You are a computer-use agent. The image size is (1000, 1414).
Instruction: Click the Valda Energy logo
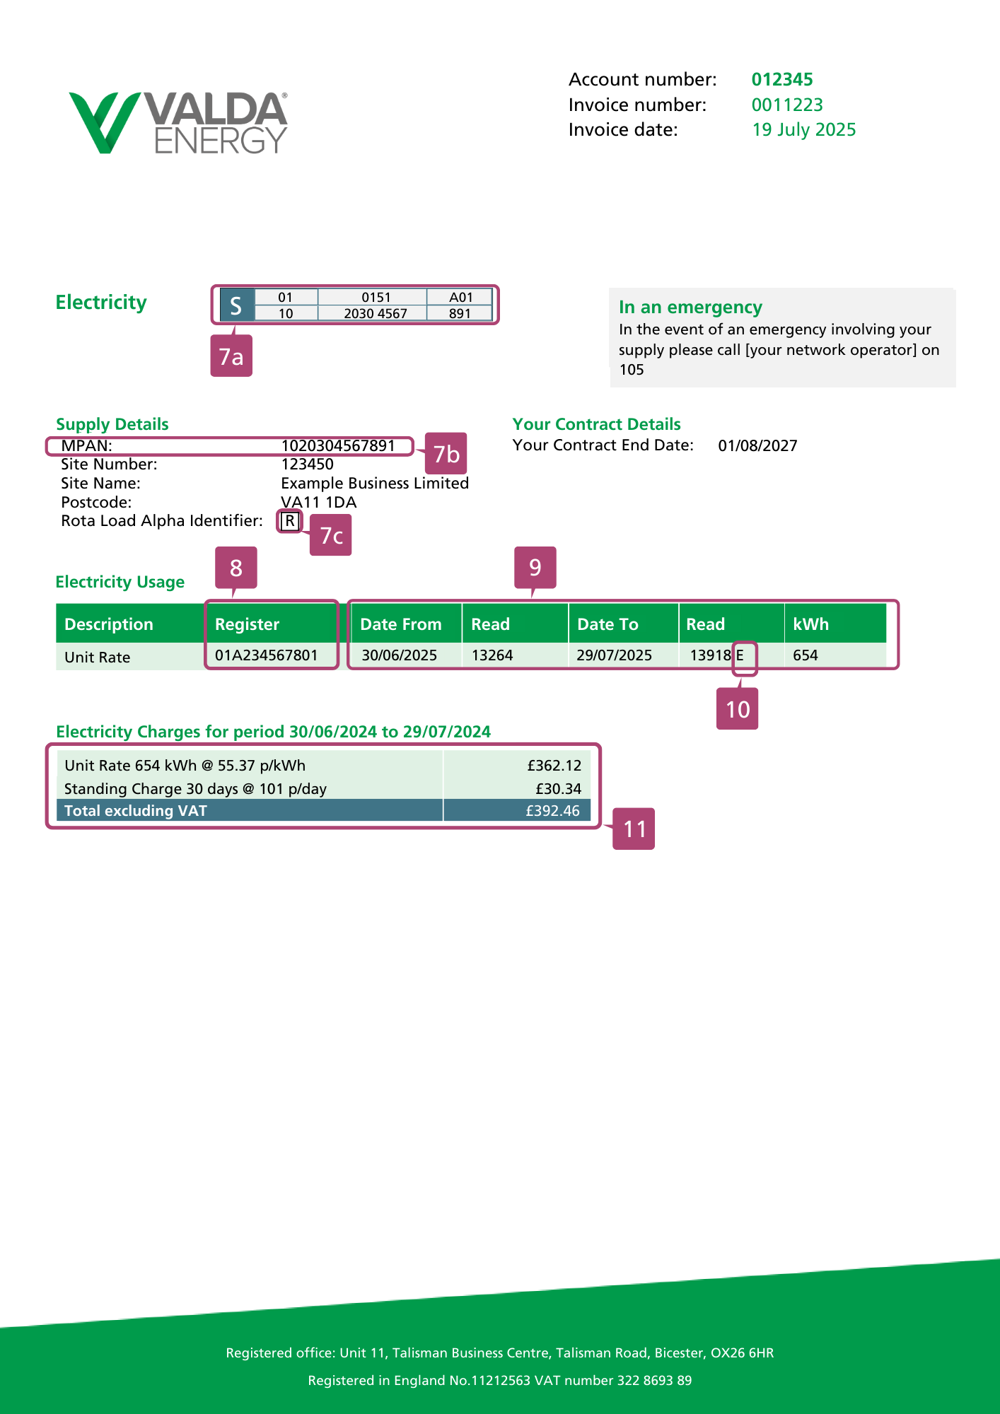coord(178,122)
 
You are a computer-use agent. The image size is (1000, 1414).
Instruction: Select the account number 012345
coord(781,79)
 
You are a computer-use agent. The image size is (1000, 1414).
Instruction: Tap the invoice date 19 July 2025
coord(803,129)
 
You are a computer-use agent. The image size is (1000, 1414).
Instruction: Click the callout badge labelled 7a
coord(231,356)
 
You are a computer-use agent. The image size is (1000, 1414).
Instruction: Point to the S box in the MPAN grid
coord(236,305)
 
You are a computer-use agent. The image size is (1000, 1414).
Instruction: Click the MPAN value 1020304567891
coord(338,445)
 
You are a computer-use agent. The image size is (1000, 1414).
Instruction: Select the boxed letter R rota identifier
coord(290,521)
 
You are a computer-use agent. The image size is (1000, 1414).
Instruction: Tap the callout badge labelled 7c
coord(331,535)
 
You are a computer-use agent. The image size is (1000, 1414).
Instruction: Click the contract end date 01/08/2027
coord(757,445)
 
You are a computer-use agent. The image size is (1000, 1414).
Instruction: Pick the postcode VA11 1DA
coord(318,502)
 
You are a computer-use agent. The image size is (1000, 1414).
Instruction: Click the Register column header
coord(248,624)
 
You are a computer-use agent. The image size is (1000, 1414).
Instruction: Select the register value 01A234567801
coord(267,655)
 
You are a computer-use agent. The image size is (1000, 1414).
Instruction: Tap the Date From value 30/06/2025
coord(400,655)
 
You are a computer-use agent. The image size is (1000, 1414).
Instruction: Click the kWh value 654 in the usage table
coord(806,655)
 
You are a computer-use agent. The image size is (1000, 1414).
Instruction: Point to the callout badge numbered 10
coord(738,709)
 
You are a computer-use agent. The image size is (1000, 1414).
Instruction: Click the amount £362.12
coord(554,766)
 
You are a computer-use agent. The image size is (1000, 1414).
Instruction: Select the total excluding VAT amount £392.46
coord(552,811)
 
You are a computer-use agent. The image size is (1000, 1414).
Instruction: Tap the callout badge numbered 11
coord(634,829)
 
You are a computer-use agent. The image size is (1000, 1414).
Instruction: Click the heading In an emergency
coord(690,307)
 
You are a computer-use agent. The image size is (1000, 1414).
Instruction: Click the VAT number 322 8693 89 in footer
coord(654,1380)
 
